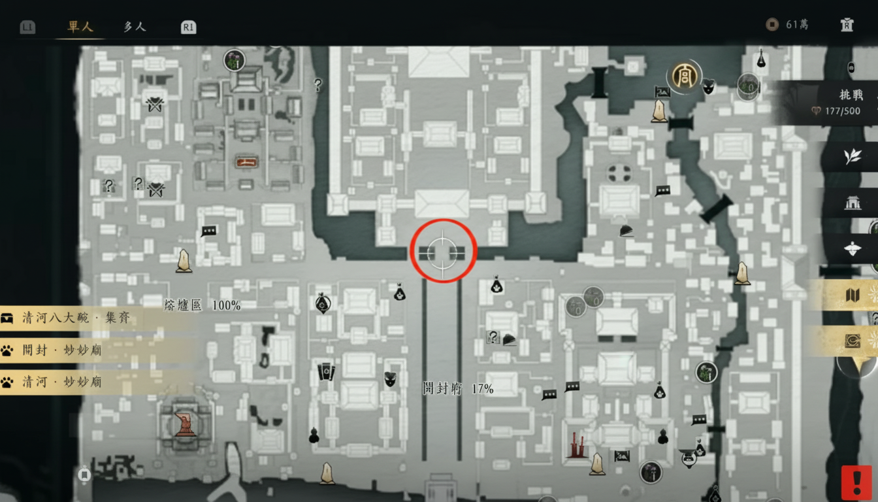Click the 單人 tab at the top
coord(80,27)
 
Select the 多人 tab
coord(134,27)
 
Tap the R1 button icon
coord(188,27)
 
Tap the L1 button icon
coord(27,27)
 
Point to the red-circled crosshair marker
coord(443,251)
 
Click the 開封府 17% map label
coord(457,389)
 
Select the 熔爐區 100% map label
coord(202,305)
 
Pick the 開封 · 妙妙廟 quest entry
coord(62,350)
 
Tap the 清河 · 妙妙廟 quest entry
coord(62,382)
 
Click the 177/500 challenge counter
coord(842,111)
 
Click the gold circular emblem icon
coord(685,75)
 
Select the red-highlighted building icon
coord(246,161)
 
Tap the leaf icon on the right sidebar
coord(852,157)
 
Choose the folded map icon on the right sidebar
coord(853,295)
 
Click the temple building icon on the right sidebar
coord(852,203)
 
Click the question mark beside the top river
coord(318,84)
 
